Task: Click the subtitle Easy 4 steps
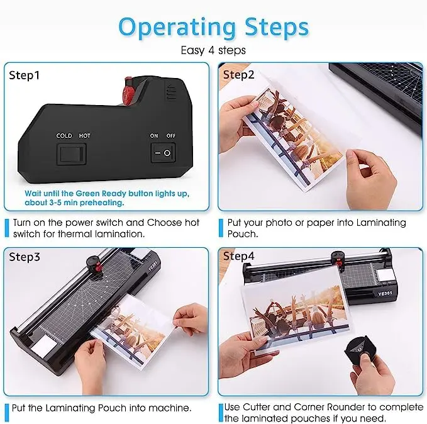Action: (213, 50)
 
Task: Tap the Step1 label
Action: (24, 75)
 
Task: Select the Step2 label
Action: (238, 75)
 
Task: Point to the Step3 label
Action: (25, 257)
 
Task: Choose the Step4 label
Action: (238, 256)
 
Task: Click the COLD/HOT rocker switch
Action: (71, 154)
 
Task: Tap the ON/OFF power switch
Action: (163, 153)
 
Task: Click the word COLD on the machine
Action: (64, 136)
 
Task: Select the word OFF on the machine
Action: (171, 136)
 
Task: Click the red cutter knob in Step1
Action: (128, 92)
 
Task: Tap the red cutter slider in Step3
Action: (98, 268)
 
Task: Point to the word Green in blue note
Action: (87, 194)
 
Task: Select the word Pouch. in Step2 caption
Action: (243, 234)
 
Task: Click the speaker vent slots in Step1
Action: (171, 92)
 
